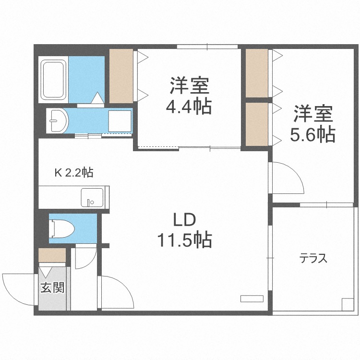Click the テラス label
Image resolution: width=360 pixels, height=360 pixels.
pyautogui.click(x=313, y=259)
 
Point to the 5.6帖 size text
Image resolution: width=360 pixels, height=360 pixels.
pyautogui.click(x=312, y=135)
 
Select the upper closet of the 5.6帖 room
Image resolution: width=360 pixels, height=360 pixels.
pyautogui.click(x=257, y=73)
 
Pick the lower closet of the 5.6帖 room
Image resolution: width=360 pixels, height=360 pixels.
pyautogui.click(x=257, y=124)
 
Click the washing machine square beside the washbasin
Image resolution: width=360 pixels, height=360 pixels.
pyautogui.click(x=120, y=120)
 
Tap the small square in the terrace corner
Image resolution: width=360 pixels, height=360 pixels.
pyautogui.click(x=347, y=304)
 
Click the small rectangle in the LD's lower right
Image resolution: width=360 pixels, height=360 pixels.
pyautogui.click(x=252, y=298)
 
